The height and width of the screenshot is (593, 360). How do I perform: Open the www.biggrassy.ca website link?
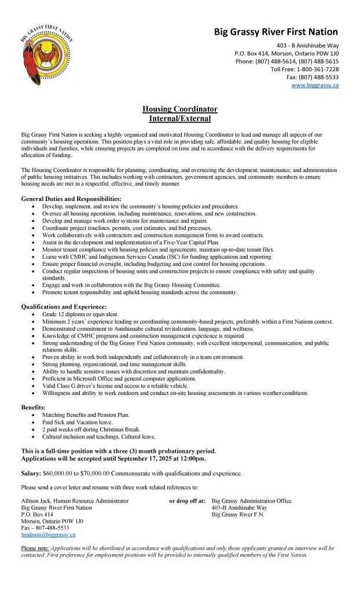point(315,86)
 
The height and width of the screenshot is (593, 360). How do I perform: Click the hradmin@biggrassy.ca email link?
point(48,535)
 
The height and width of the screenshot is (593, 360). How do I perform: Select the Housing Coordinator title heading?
point(180,109)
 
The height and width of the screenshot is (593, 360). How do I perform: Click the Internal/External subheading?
point(180,119)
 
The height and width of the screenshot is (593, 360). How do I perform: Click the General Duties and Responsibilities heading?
point(71,199)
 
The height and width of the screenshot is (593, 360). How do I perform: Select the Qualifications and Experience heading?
point(64,306)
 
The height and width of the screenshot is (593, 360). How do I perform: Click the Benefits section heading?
point(34,408)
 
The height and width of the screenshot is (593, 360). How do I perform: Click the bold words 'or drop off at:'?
point(187,501)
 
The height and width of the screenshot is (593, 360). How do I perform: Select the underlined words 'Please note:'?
point(35,548)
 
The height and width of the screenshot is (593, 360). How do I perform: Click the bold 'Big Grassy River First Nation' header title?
point(276,32)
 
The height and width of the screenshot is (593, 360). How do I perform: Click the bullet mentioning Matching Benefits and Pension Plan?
point(86,415)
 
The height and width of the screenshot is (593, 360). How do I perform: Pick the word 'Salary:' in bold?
point(31,473)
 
